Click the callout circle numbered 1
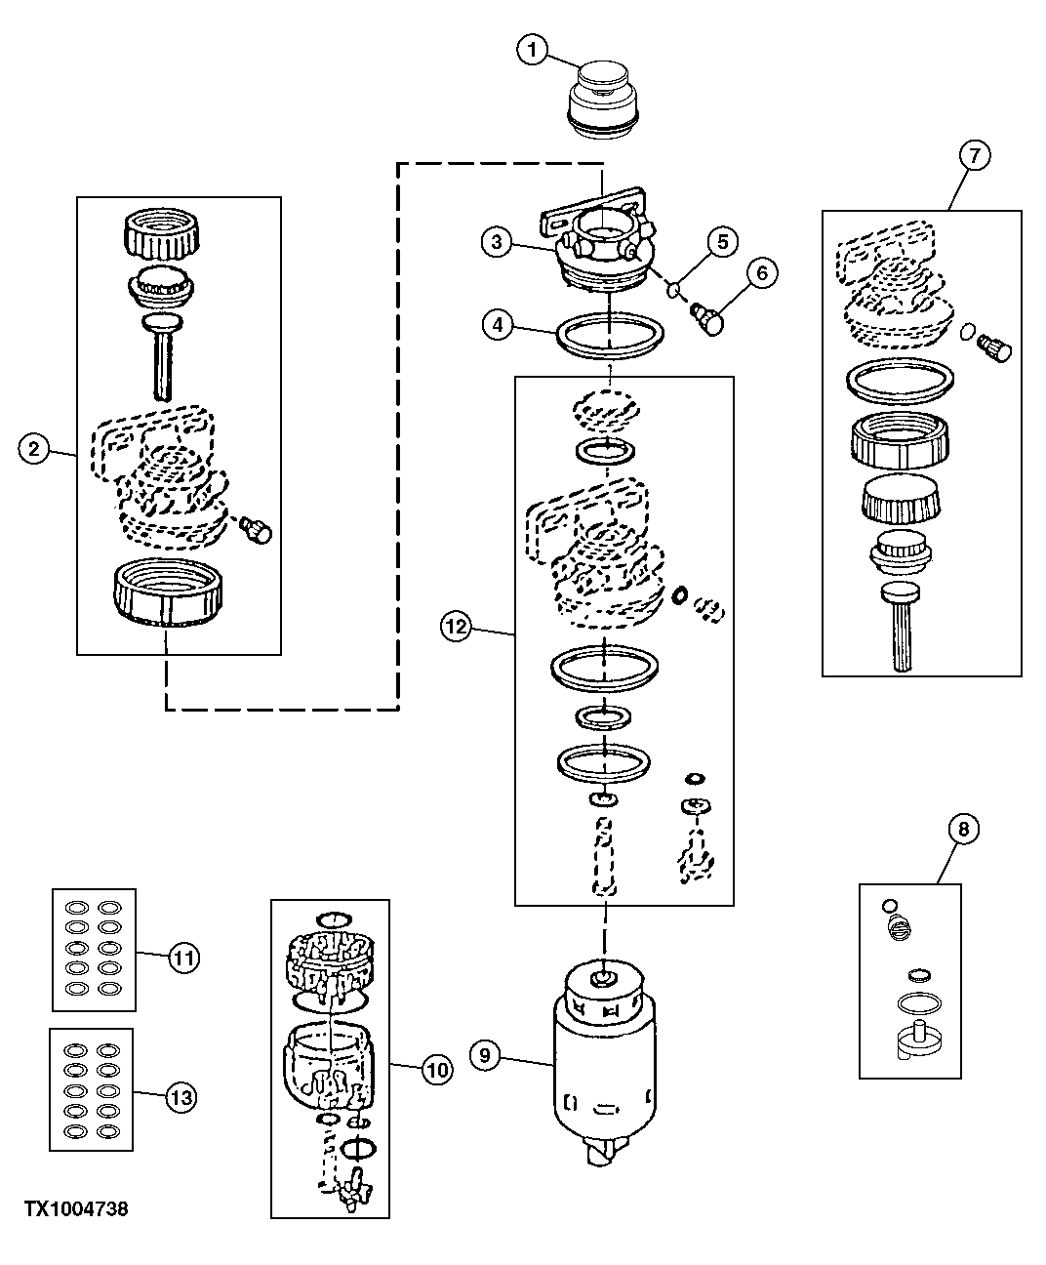coord(533,50)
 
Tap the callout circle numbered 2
coord(34,449)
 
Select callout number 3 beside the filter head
coord(498,242)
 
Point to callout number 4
coord(498,325)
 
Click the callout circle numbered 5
coord(723,242)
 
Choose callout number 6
coord(762,273)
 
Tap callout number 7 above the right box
coord(975,156)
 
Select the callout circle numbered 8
coord(964,829)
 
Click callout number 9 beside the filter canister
coord(485,1055)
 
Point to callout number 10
coord(437,1070)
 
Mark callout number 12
coord(456,626)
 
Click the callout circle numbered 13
coord(181,1097)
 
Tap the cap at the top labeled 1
coord(602,100)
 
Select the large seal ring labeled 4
coord(610,335)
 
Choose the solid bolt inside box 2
coord(257,529)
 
